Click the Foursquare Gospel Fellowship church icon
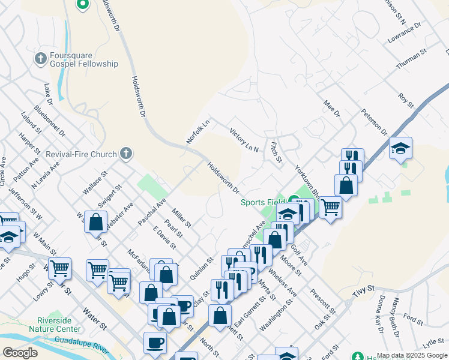[41, 59]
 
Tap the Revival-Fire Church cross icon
[125, 154]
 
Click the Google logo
[20, 352]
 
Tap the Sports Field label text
[262, 202]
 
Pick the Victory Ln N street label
[244, 139]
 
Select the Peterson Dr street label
[374, 122]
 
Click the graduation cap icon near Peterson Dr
[400, 148]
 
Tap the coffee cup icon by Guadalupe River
[155, 343]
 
